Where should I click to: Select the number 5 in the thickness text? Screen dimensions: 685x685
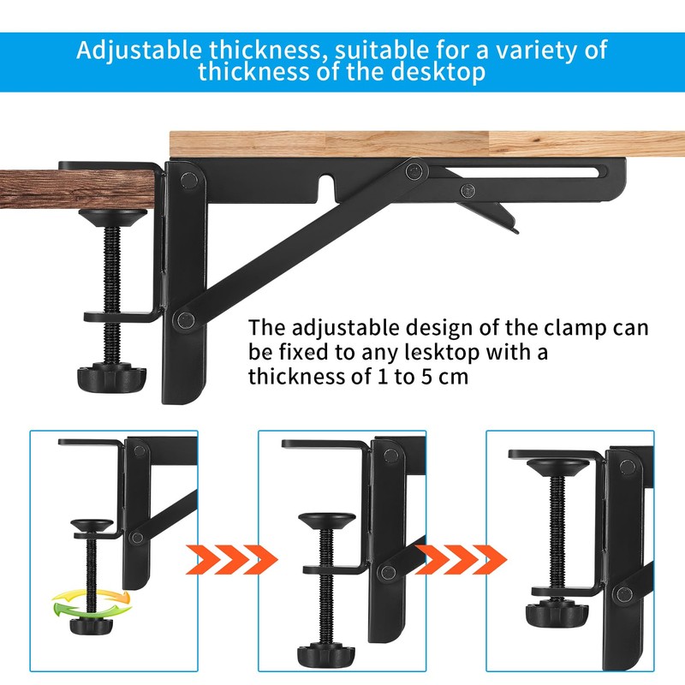pos(425,376)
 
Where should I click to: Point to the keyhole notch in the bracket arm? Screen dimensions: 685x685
pos(325,182)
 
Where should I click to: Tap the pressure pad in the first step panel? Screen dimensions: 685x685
pos(92,525)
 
